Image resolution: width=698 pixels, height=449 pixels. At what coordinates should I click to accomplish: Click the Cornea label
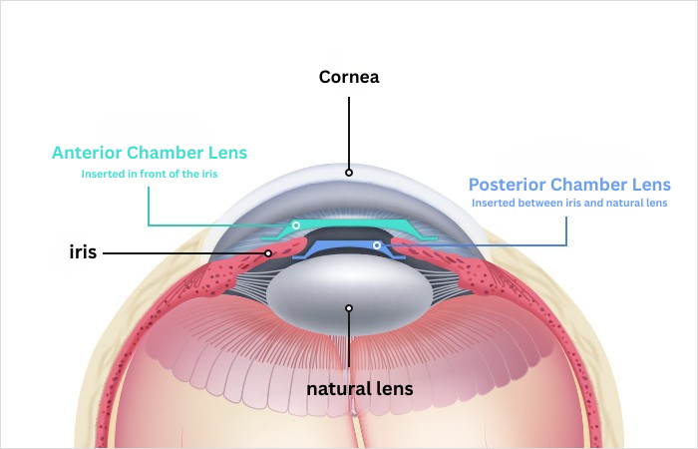[349, 77]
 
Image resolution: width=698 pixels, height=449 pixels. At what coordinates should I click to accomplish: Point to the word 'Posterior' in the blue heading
[508, 185]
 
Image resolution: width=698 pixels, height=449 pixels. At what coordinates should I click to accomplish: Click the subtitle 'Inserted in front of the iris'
[149, 174]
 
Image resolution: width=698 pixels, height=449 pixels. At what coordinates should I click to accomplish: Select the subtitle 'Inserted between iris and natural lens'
[569, 204]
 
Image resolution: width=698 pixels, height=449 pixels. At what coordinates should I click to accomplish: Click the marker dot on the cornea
[349, 172]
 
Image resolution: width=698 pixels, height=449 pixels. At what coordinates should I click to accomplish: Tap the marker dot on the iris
[268, 253]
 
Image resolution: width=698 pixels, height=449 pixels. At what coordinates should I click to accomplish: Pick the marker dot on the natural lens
[349, 308]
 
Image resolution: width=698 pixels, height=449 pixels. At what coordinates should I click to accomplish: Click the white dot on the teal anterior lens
[296, 226]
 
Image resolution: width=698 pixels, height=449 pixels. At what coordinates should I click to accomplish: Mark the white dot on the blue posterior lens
[376, 244]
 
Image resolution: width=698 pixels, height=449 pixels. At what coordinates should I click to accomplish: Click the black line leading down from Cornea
[349, 130]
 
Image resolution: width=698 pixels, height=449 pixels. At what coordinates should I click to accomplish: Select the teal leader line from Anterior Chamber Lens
[149, 205]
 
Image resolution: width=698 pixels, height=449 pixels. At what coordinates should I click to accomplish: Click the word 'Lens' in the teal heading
[225, 154]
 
